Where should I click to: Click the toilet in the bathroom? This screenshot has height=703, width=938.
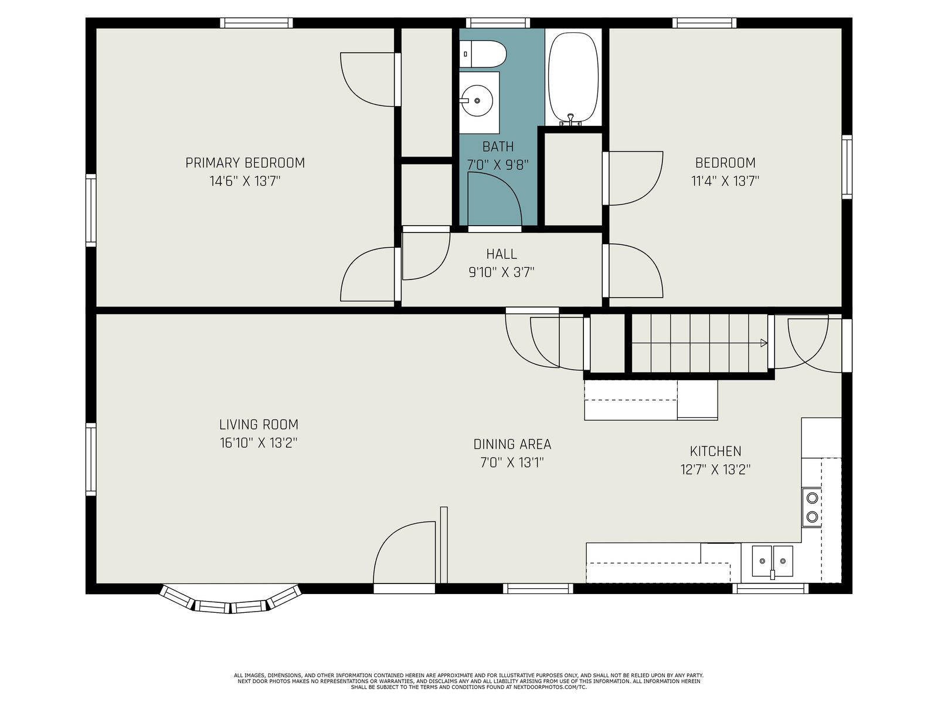(x=482, y=54)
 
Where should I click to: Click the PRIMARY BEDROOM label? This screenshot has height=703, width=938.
(x=245, y=163)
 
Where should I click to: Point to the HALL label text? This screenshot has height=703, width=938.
(x=501, y=254)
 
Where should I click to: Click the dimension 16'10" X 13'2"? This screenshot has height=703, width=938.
(x=258, y=443)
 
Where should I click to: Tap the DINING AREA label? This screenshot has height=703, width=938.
(x=512, y=444)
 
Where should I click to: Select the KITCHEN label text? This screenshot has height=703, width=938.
(x=715, y=451)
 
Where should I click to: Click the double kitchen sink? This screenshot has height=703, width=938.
(x=772, y=561)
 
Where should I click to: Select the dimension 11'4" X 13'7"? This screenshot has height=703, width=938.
(x=725, y=182)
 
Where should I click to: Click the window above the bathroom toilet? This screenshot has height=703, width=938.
(x=498, y=23)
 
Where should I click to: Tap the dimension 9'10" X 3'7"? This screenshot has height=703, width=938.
(x=501, y=272)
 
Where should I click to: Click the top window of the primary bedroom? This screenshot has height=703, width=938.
(x=256, y=23)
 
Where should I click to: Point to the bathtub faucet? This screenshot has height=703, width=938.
(x=570, y=120)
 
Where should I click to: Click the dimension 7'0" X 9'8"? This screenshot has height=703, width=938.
(x=498, y=165)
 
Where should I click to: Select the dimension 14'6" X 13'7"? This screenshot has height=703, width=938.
(x=245, y=182)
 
